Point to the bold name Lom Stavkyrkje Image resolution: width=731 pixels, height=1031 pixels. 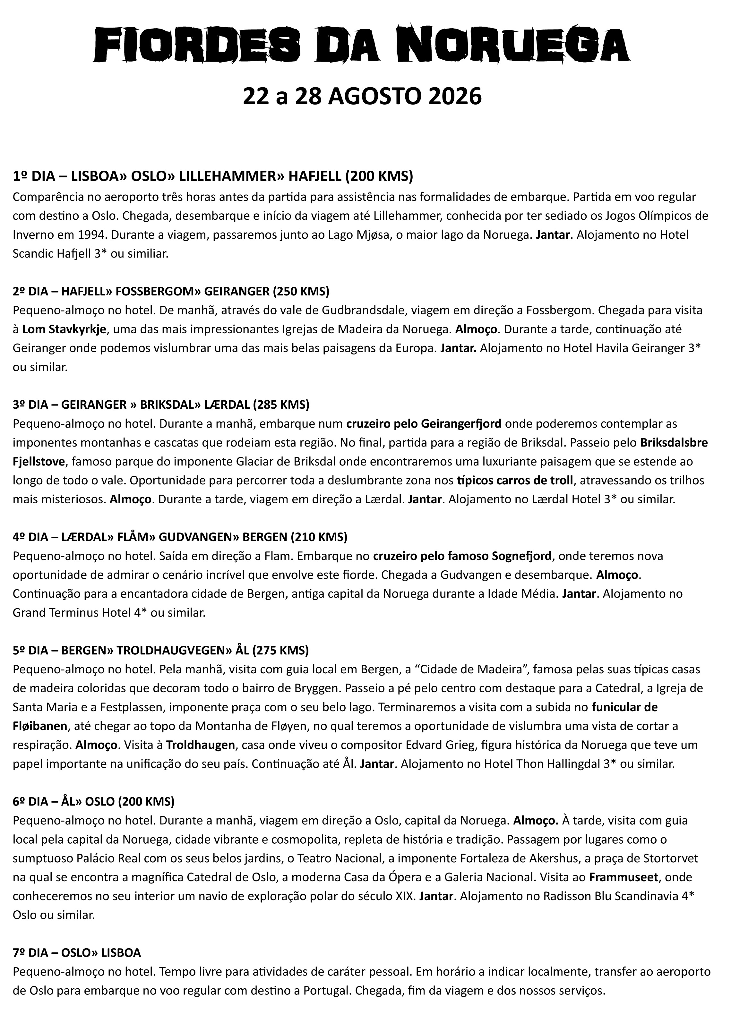(64, 329)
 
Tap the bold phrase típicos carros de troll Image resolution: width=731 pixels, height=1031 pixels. (515, 481)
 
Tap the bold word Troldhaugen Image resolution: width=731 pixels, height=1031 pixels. (200, 745)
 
